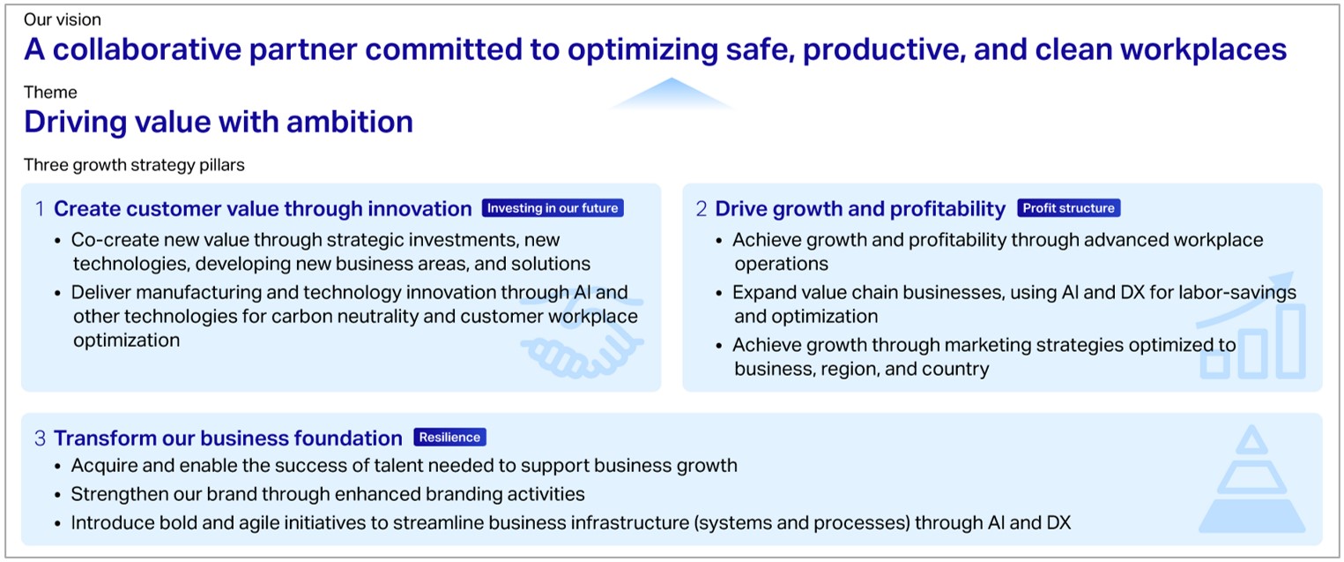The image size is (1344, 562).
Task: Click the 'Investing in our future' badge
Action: point(553,207)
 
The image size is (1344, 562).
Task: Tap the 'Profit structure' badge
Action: point(1069,207)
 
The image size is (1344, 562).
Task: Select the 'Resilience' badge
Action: point(449,437)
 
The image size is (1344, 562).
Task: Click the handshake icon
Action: point(582,340)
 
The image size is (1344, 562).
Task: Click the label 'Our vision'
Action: point(63,19)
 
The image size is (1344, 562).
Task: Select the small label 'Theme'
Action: point(50,93)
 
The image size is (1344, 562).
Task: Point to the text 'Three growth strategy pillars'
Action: point(134,165)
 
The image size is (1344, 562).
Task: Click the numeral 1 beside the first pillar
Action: point(41,209)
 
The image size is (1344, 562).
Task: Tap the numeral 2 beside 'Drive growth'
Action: point(702,209)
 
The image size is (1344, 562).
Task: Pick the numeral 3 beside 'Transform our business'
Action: point(41,438)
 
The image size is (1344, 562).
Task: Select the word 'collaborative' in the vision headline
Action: point(147,49)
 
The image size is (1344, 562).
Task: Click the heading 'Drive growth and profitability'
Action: point(860,209)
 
